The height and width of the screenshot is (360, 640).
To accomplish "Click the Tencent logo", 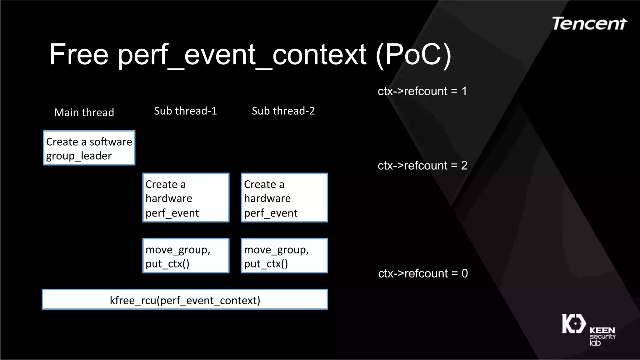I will click(589, 24).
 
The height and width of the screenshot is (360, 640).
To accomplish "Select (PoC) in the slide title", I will click(413, 54).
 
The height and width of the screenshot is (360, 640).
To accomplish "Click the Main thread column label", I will click(84, 112).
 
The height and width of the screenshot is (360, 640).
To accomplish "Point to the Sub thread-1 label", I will click(185, 111).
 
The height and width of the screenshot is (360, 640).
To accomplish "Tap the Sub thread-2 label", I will click(283, 111).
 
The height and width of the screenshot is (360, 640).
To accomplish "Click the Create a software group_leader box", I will click(89, 148).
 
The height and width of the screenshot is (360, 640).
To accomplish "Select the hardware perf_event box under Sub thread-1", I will click(186, 198).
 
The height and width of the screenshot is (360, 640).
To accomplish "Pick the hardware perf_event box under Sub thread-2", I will click(284, 198).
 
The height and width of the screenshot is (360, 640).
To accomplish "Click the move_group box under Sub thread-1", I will click(186, 256).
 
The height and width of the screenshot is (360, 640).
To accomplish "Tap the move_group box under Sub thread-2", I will click(284, 256).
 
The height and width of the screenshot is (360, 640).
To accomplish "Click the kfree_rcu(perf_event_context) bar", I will click(185, 300).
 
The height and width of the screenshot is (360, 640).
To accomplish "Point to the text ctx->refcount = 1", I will click(422, 91).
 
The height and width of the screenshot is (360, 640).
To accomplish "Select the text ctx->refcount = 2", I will click(422, 166).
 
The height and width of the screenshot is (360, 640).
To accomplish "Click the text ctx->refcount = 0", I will click(422, 273).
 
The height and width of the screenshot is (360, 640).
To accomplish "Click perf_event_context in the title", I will click(242, 55).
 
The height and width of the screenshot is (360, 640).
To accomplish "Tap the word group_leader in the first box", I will click(79, 156).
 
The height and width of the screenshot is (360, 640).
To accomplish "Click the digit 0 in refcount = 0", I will click(465, 273).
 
